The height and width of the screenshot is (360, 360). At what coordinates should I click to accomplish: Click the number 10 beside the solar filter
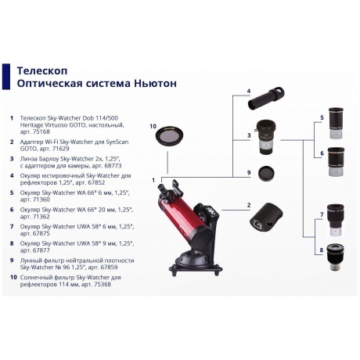pyautogui.click(x=153, y=125)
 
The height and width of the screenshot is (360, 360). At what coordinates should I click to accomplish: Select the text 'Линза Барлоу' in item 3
pyautogui.click(x=40, y=157)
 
